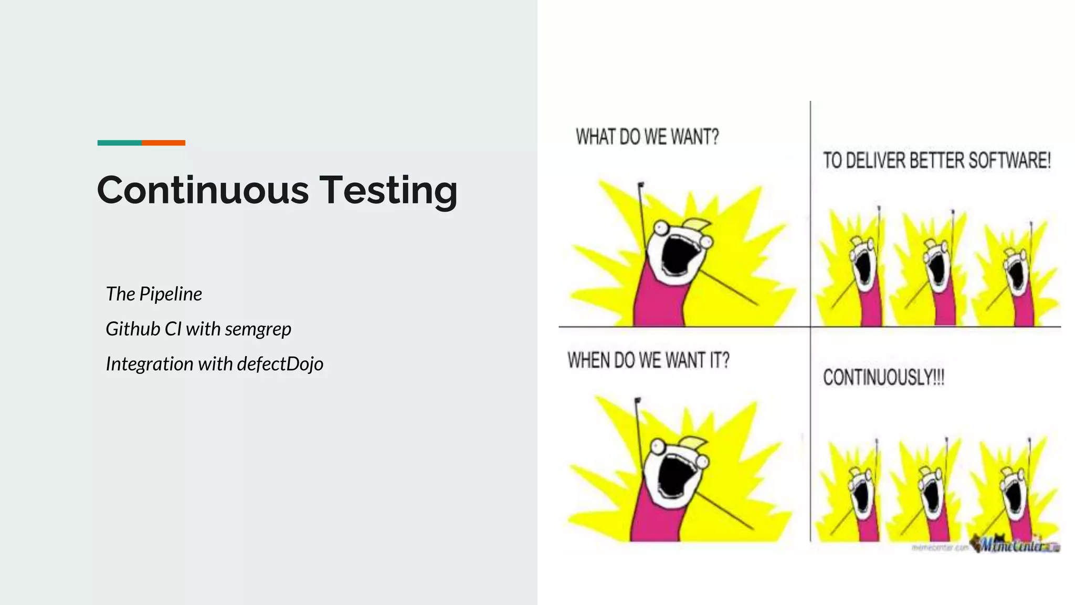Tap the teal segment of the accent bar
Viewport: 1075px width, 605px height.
coord(119,143)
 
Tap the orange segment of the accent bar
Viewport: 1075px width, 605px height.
coord(163,143)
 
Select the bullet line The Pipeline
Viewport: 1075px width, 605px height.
coord(154,294)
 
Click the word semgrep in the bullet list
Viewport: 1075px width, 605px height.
coord(258,329)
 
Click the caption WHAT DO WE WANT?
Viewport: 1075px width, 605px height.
coord(647,137)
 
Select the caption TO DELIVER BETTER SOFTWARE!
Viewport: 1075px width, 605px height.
coord(936,160)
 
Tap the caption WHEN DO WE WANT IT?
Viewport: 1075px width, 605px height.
coord(648,361)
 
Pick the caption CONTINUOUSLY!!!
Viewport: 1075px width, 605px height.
coord(883,377)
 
